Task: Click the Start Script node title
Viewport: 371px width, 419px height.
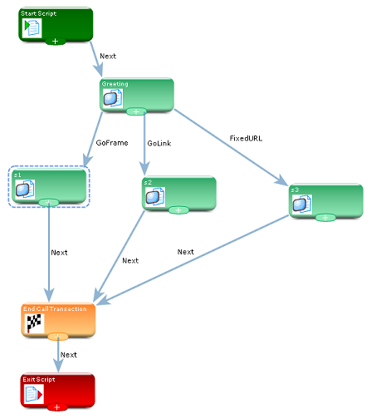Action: [x=38, y=13]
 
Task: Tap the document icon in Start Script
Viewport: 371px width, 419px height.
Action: [x=32, y=27]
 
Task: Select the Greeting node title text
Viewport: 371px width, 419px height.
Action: [x=115, y=84]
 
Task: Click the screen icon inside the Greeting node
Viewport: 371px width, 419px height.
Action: [x=113, y=98]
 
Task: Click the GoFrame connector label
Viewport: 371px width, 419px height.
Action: [x=112, y=143]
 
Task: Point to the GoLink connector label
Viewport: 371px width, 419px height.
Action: [x=159, y=143]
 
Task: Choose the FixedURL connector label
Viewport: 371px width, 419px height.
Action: [x=246, y=138]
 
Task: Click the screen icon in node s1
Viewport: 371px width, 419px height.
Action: [x=25, y=190]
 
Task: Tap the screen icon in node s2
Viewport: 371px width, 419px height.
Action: [x=155, y=197]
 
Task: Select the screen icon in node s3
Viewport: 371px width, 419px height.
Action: [x=302, y=205]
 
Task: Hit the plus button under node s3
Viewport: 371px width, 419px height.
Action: [x=325, y=218]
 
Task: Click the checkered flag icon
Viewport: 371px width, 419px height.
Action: [x=34, y=323]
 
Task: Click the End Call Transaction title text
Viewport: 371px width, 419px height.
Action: [x=55, y=309]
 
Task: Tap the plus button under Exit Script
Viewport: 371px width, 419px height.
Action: [x=57, y=407]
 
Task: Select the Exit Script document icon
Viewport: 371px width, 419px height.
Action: [x=34, y=394]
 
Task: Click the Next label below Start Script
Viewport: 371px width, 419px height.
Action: [x=108, y=57]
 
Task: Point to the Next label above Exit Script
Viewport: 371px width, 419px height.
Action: [x=69, y=355]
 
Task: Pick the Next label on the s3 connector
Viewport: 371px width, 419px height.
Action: [x=186, y=252]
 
